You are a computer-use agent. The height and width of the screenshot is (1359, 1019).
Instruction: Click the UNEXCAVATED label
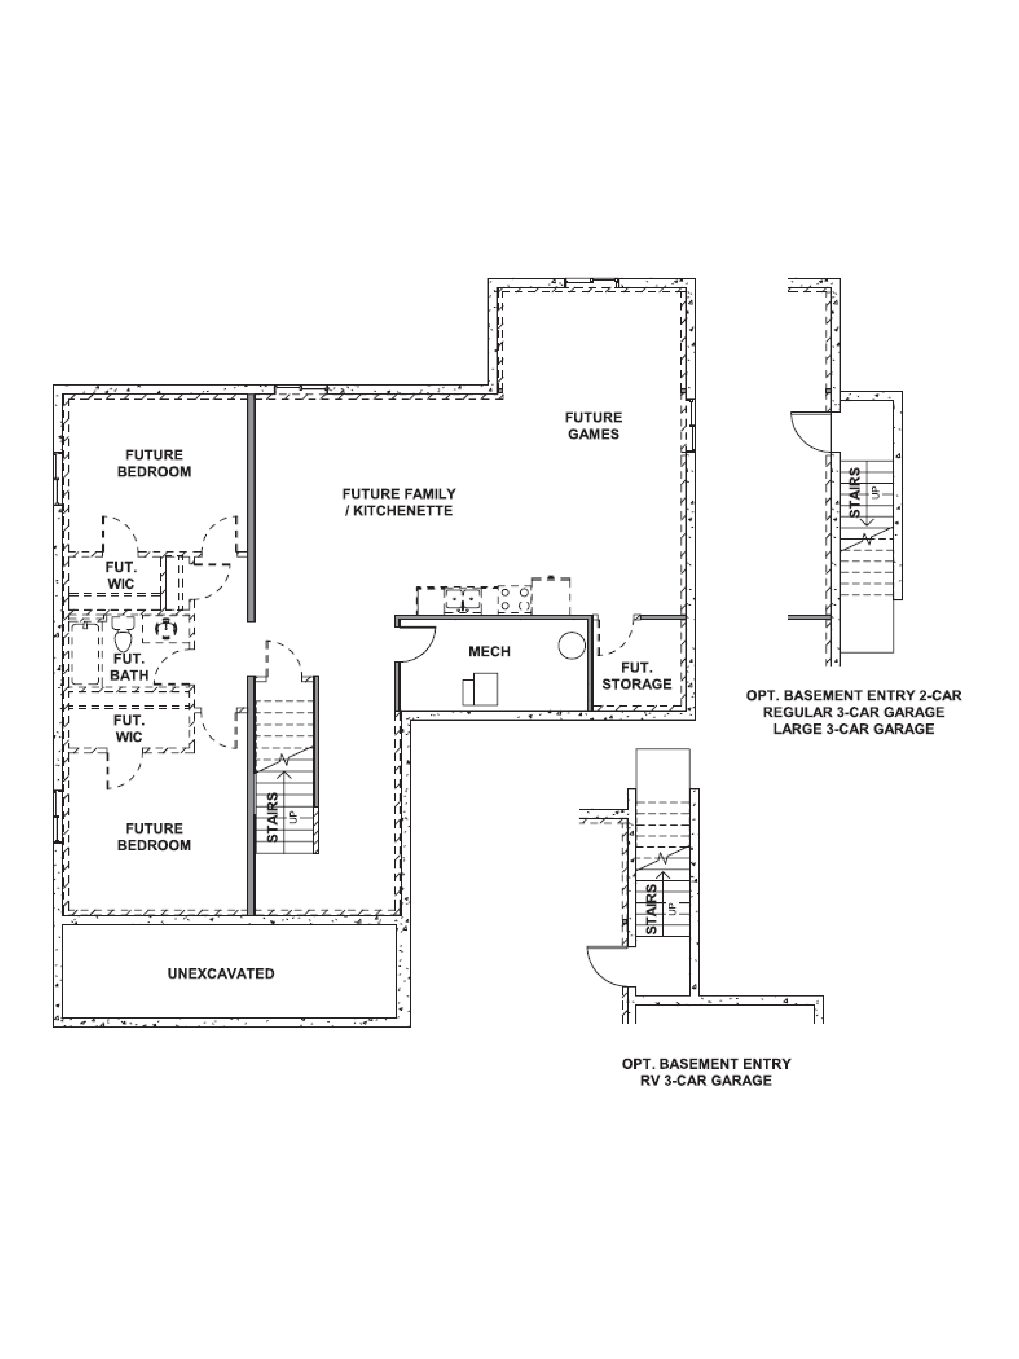[221, 973]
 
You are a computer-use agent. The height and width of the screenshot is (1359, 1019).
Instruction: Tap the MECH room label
[489, 651]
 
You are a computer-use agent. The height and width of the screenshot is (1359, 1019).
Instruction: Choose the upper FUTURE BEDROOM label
[154, 463]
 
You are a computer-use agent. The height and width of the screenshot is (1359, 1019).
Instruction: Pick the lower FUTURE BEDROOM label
[154, 837]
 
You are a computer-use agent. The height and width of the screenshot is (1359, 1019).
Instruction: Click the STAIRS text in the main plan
[273, 817]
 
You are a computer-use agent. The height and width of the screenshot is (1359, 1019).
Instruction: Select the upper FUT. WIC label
[121, 576]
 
